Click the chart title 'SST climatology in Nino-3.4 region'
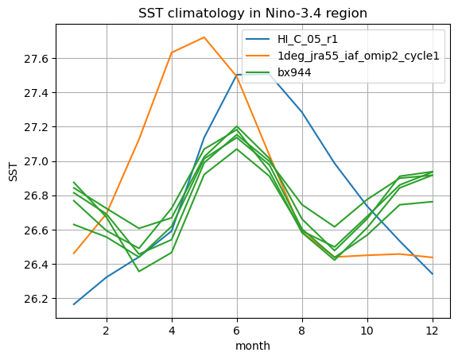pos(253,14)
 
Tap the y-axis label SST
pos(14,172)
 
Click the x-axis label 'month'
pos(253,346)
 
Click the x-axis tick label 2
pos(107,331)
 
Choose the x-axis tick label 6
pos(237,331)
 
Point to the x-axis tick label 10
pos(367,331)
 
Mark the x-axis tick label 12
pos(433,331)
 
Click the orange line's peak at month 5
pos(204,37)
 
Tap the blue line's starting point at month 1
pos(74,304)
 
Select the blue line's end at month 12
pos(433,274)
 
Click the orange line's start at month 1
pos(74,254)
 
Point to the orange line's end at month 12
pos(433,257)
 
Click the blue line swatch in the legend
pos(258,39)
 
